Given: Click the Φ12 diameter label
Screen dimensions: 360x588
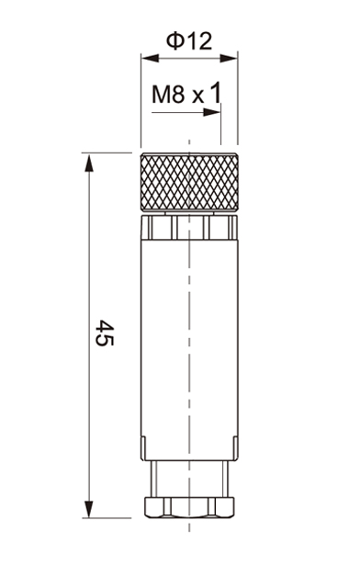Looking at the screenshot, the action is [189, 40].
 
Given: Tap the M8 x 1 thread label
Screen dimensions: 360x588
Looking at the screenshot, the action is [186, 94].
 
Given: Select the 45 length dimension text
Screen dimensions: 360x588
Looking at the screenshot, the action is [105, 333].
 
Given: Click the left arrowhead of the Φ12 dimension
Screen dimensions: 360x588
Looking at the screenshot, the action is [150, 58].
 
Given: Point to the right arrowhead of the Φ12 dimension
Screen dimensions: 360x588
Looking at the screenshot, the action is [229, 58].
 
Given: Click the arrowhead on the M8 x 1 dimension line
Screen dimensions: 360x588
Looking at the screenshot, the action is [212, 112].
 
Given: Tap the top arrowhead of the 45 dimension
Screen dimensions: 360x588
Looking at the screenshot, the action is [89, 163].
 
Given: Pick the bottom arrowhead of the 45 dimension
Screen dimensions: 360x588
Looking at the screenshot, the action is [89, 509].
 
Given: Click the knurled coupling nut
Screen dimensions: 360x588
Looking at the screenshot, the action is [189, 182].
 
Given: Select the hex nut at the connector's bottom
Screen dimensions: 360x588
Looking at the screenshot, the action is [189, 508].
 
